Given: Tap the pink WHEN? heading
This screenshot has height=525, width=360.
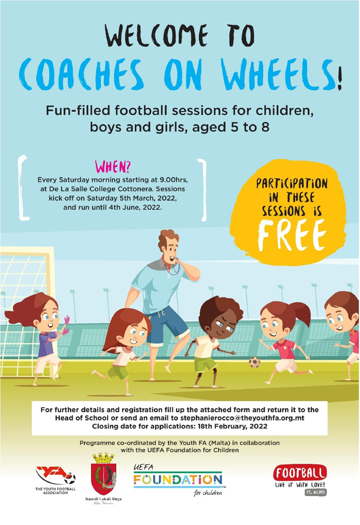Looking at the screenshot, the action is (113, 166).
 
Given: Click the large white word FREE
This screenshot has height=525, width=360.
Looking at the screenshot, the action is (292, 235).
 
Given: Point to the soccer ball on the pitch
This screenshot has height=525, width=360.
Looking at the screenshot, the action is (255, 362).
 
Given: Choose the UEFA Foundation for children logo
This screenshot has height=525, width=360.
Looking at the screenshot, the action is (177, 480).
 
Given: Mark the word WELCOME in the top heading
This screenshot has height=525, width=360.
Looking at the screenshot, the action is (156, 36).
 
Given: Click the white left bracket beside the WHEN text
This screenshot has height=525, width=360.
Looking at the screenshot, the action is (23, 188).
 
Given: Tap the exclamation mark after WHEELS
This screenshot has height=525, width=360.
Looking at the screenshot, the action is (339, 78).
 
